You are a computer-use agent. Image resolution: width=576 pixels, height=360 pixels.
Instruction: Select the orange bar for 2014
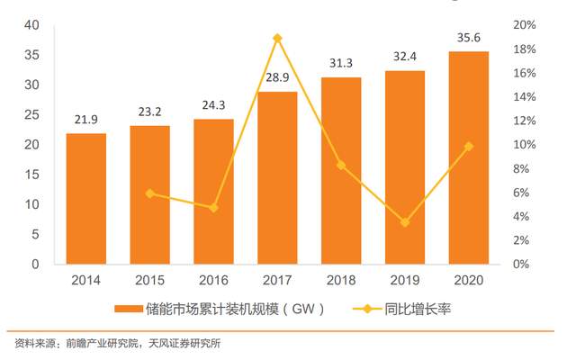click(x=85, y=199)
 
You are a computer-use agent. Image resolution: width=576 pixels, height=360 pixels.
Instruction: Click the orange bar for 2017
click(x=277, y=178)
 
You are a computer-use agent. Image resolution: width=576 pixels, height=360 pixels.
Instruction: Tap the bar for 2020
click(x=469, y=157)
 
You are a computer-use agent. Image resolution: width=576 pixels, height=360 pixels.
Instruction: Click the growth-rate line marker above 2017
click(x=277, y=38)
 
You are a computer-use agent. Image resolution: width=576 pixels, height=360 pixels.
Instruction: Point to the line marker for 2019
click(x=405, y=221)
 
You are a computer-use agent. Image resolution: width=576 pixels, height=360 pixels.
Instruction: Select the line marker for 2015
click(x=149, y=193)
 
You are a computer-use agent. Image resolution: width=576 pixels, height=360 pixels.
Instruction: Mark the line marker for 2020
click(x=469, y=146)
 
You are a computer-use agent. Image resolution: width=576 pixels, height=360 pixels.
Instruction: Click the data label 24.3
click(x=213, y=105)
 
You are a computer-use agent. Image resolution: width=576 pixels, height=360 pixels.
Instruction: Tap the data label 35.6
click(x=469, y=38)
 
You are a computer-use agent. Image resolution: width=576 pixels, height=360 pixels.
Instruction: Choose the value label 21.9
click(x=85, y=121)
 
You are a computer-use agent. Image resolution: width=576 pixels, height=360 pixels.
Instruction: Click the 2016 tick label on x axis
click(x=213, y=280)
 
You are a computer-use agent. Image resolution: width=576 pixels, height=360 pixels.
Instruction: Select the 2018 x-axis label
click(x=341, y=280)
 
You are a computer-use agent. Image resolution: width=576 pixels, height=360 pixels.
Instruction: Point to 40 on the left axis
click(x=32, y=25)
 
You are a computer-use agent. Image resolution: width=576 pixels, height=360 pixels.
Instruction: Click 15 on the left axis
click(x=32, y=175)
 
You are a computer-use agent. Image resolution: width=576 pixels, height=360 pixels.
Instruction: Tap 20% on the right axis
click(x=524, y=25)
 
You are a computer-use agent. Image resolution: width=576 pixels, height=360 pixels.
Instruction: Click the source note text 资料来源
click(x=32, y=343)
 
